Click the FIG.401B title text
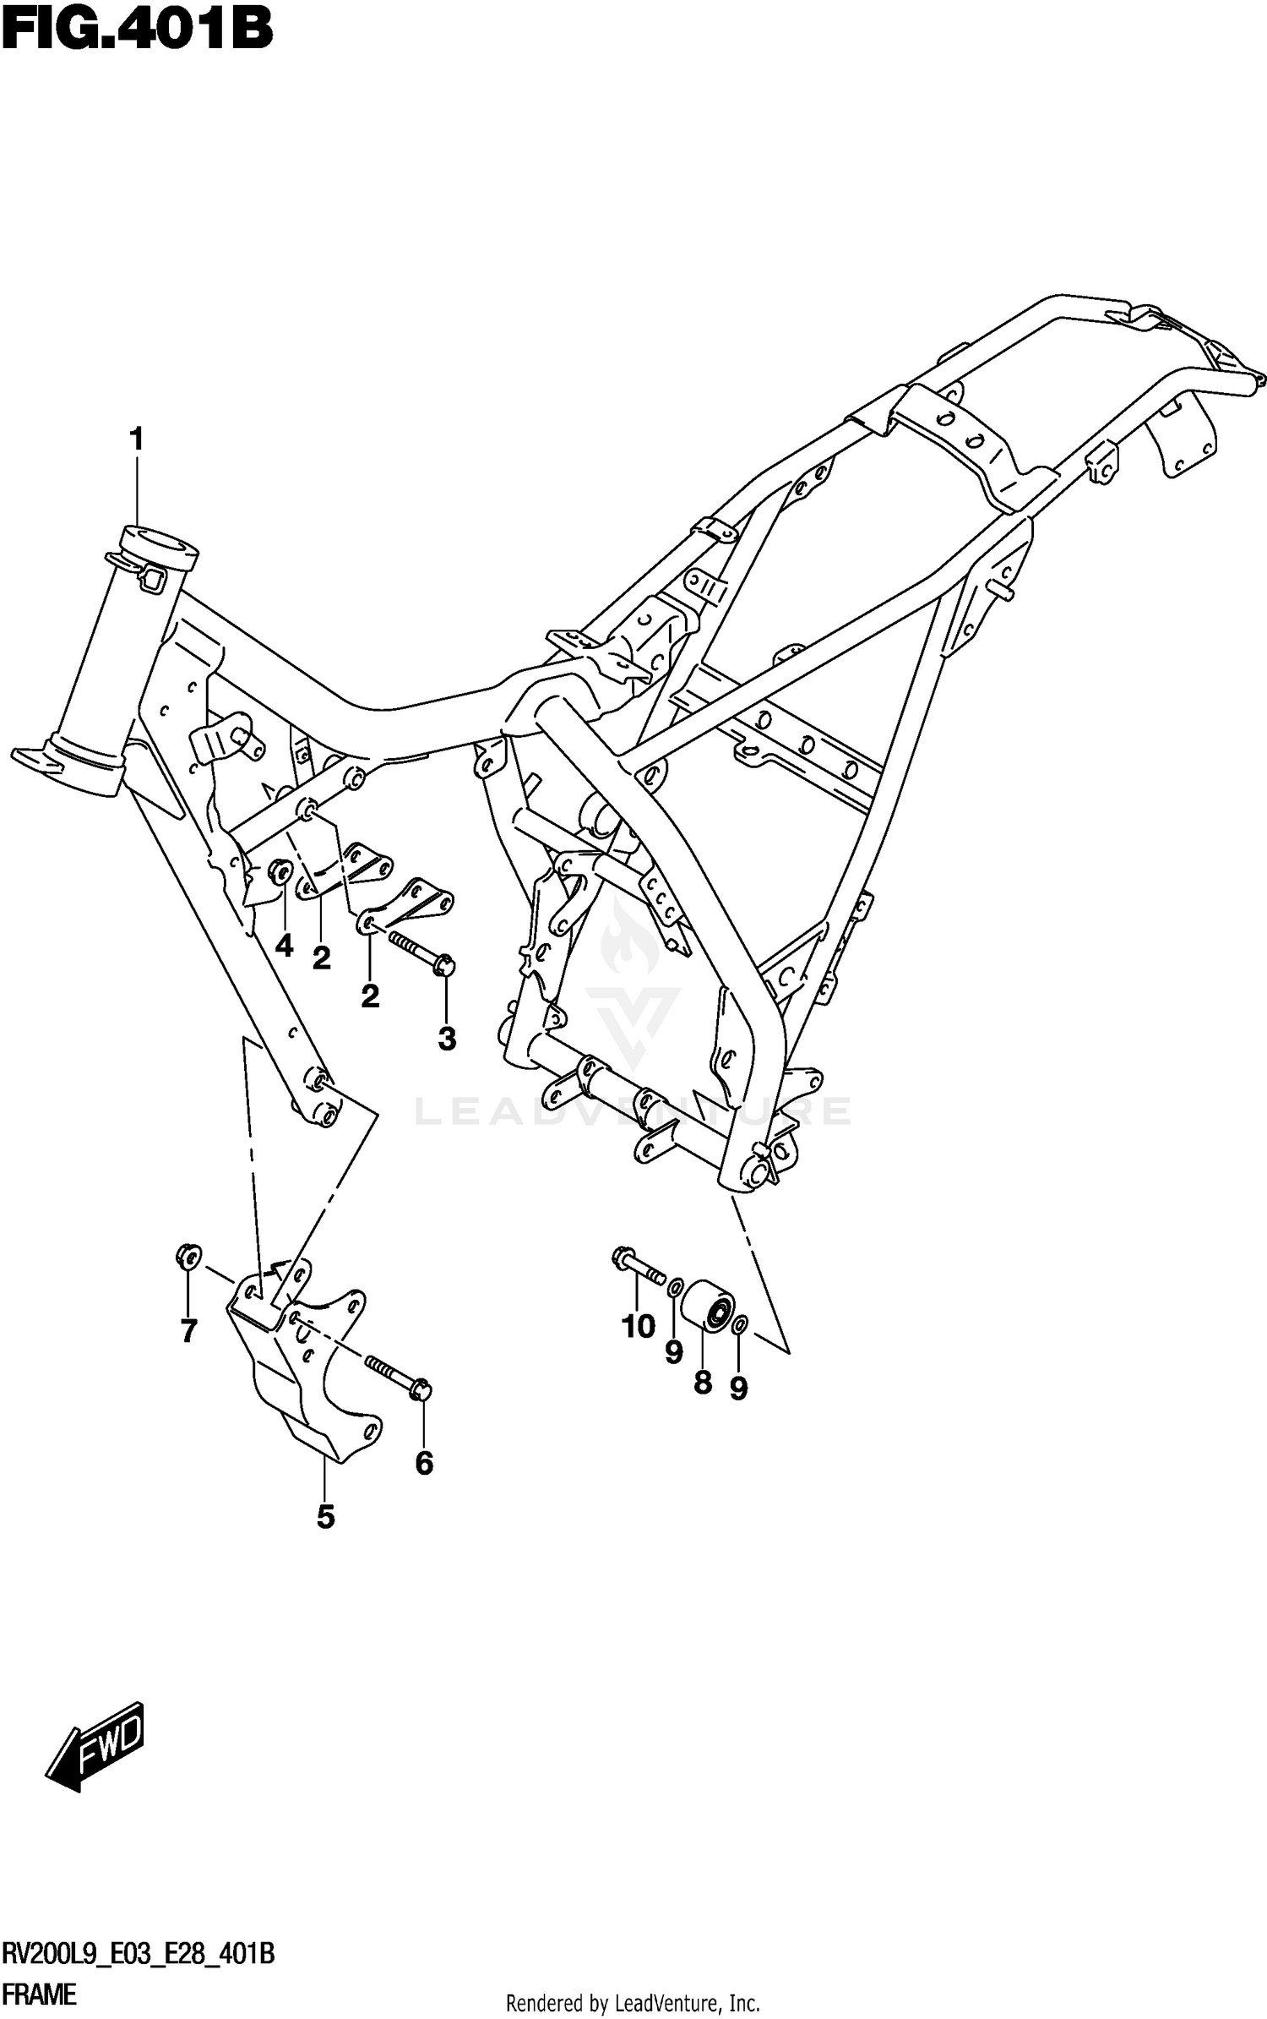coord(137,30)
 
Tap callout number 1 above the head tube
coord(135,439)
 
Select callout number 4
coord(285,946)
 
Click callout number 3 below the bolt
coord(447,1039)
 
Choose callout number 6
coord(424,1462)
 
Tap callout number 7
coord(188,1331)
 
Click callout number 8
coord(702,1383)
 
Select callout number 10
coord(639,1326)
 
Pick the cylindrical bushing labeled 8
coord(708,1307)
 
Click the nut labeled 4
coord(280,870)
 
